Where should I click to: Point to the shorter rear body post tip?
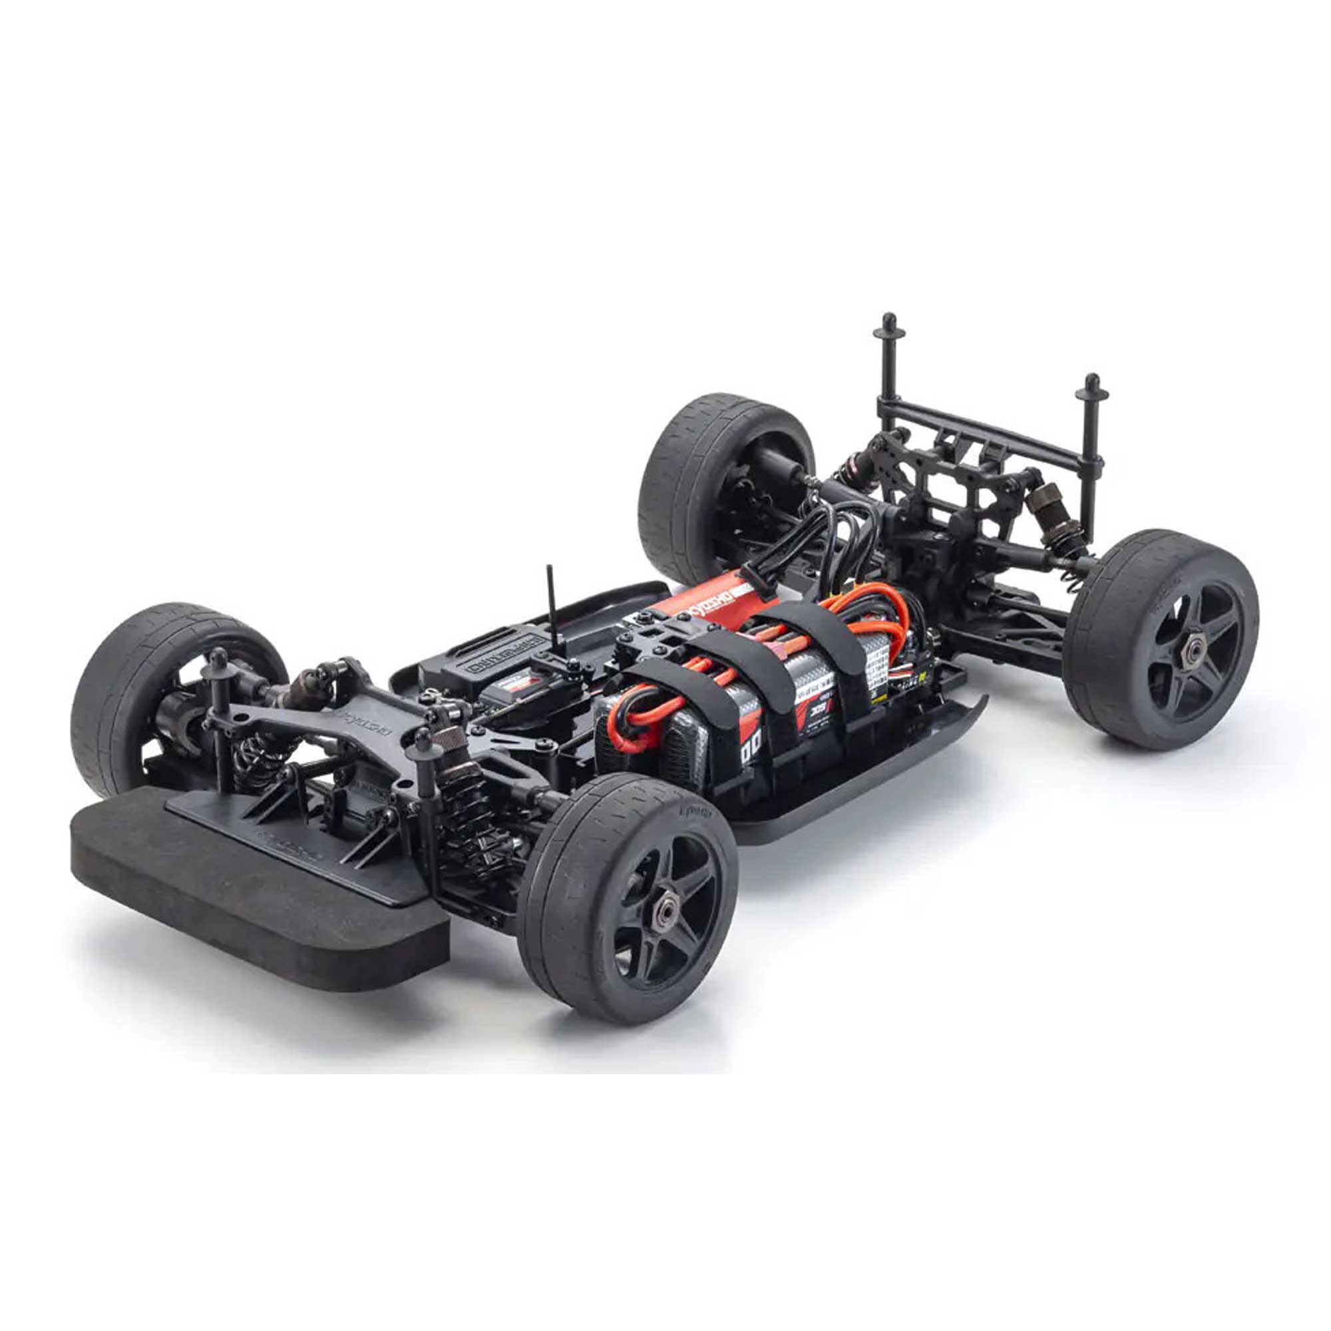tap(1091, 383)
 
